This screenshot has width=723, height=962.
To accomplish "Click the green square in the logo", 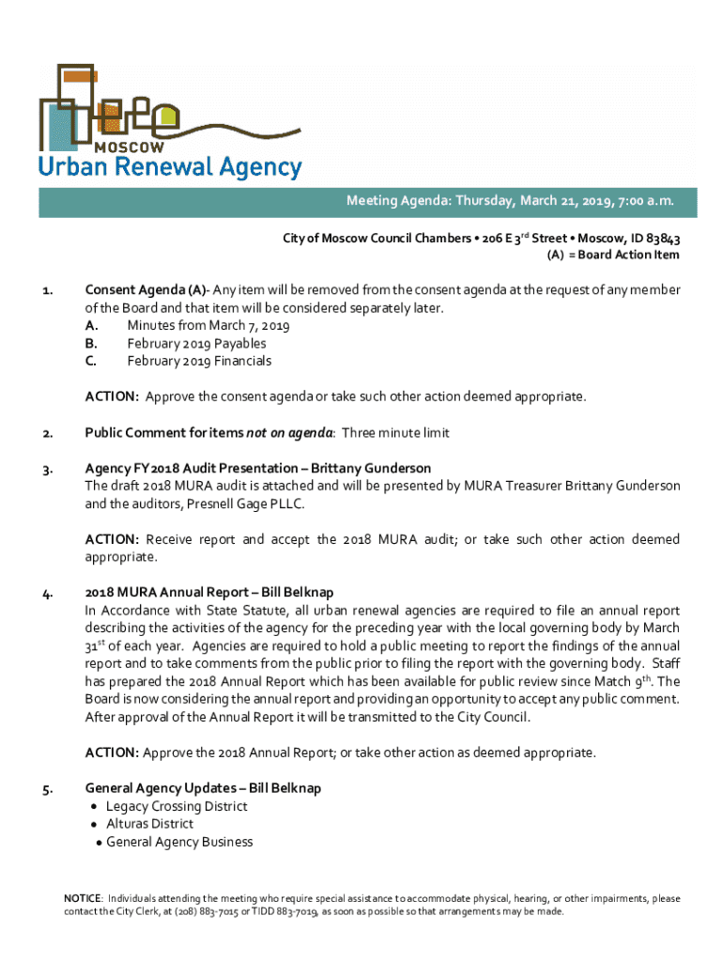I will click(x=168, y=118).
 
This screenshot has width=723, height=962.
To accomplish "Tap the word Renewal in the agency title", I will click(x=171, y=168).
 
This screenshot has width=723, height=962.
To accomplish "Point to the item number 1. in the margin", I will click(x=46, y=290).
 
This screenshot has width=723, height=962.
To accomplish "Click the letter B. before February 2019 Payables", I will click(x=91, y=343).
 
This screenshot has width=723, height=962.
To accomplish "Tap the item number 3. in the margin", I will click(x=46, y=468).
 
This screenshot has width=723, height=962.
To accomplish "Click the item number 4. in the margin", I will click(x=46, y=593).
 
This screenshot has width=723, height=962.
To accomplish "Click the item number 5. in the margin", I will click(x=46, y=788).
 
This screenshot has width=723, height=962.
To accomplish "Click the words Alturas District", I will click(x=150, y=824).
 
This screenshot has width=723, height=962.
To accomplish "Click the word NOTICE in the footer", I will click(x=83, y=899).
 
